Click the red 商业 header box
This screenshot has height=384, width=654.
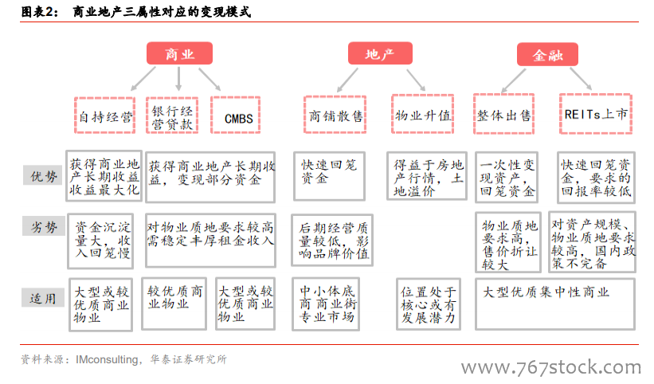(x=179, y=53)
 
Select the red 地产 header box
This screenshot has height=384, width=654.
(x=380, y=53)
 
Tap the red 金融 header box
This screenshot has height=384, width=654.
(x=547, y=55)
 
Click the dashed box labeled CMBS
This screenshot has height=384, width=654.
(x=236, y=115)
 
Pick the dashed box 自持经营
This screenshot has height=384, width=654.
(x=104, y=116)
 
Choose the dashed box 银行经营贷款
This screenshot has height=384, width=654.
(x=172, y=116)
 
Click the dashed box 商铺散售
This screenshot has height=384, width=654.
(x=335, y=115)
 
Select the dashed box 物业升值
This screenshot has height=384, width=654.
(x=422, y=114)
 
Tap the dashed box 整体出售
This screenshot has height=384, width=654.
(x=504, y=114)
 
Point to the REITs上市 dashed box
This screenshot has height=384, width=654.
(x=596, y=114)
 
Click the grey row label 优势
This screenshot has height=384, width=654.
(x=43, y=175)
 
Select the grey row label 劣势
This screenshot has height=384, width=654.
(x=44, y=226)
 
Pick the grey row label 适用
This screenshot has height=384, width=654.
(x=42, y=298)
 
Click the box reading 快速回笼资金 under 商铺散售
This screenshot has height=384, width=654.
(x=330, y=176)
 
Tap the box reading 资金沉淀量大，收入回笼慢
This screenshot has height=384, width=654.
(x=100, y=241)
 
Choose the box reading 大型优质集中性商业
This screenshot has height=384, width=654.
(x=555, y=304)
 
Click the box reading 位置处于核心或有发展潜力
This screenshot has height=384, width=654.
(x=429, y=304)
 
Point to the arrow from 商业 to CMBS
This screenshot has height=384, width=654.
(x=210, y=79)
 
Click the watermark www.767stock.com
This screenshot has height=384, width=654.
(x=551, y=367)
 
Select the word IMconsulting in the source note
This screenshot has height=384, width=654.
(x=107, y=359)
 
